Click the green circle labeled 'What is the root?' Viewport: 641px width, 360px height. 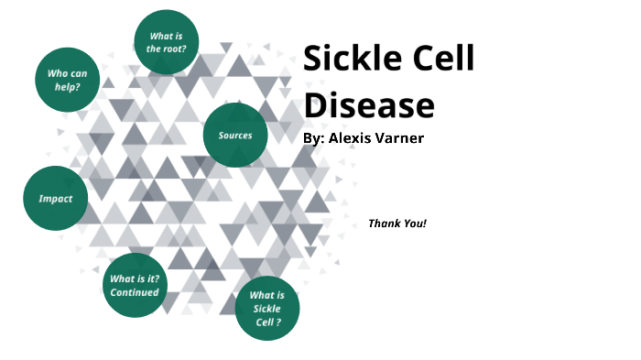click(167, 42)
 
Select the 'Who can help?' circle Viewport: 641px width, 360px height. click(67, 79)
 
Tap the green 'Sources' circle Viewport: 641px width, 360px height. click(235, 136)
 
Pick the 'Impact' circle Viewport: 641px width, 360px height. click(55, 198)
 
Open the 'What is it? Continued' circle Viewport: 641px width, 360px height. click(135, 285)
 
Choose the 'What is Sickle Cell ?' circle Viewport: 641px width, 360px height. click(267, 308)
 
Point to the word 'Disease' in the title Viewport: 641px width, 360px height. click(368, 106)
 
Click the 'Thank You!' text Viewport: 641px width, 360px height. click(397, 224)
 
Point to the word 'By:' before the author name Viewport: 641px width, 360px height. click(313, 138)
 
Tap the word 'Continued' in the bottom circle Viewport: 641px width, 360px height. click(135, 292)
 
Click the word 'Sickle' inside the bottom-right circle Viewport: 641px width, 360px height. click(267, 309)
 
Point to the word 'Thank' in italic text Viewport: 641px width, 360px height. click(383, 224)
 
